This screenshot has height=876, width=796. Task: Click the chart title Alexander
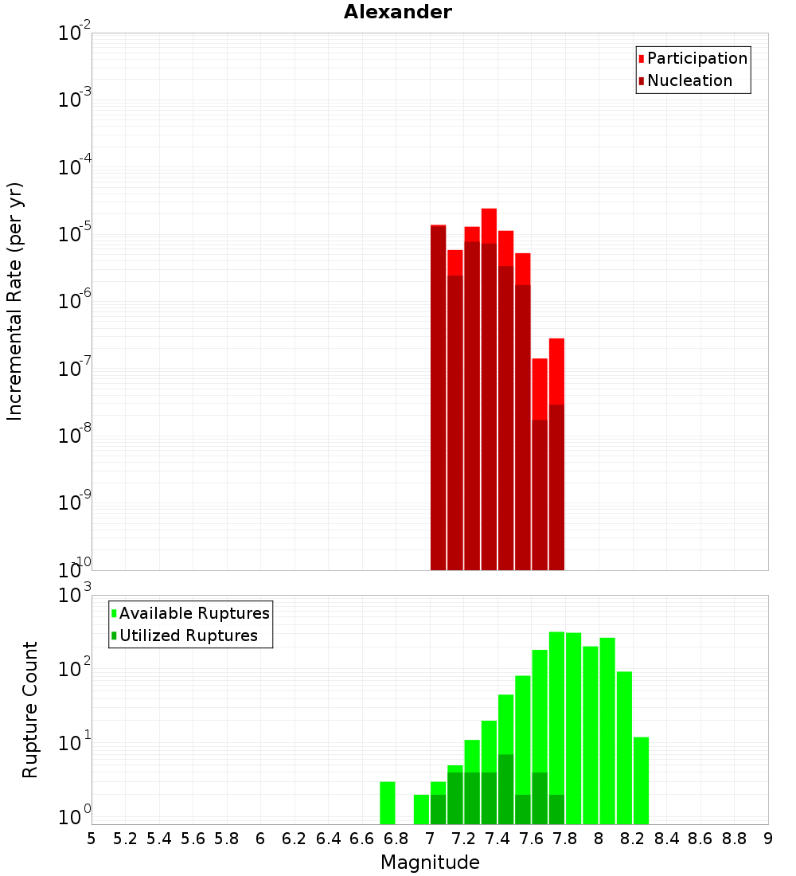point(397,12)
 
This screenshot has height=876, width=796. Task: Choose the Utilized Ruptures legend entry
point(188,635)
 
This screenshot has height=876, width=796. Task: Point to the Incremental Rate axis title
point(15,302)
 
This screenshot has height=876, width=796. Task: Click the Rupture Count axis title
point(30,710)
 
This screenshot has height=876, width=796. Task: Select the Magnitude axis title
point(430,862)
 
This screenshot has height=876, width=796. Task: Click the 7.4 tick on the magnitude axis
point(497,839)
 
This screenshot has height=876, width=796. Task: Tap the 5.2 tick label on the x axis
point(125,839)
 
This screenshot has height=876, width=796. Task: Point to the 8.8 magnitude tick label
point(734,839)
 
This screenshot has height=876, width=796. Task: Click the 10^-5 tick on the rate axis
point(74,234)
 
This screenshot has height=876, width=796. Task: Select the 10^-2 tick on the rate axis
point(74,33)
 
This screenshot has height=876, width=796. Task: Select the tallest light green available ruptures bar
point(556,717)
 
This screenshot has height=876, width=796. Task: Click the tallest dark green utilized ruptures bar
point(505,788)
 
